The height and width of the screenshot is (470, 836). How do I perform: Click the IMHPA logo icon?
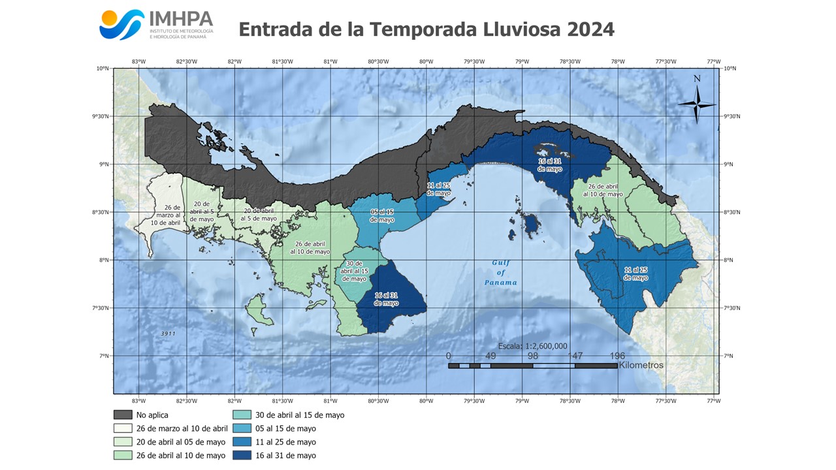(x=121, y=25)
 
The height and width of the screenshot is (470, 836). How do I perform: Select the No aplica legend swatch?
(x=123, y=415)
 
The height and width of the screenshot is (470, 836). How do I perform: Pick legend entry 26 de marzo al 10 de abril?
(x=182, y=428)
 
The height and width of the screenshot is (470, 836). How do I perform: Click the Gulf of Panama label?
(x=500, y=273)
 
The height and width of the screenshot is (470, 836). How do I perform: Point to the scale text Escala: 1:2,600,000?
(x=532, y=346)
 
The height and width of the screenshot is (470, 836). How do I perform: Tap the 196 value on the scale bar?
(x=617, y=356)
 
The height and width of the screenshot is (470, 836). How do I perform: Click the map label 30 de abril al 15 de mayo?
(x=355, y=271)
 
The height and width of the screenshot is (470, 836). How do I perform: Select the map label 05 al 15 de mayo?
(x=382, y=216)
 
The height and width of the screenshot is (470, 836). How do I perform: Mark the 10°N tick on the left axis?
(x=103, y=68)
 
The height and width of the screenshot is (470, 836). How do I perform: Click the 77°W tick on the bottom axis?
(x=713, y=401)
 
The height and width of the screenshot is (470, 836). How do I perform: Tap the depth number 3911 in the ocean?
(x=168, y=334)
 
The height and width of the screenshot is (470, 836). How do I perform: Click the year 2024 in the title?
(x=590, y=29)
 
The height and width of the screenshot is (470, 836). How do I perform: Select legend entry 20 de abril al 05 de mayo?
(x=182, y=442)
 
